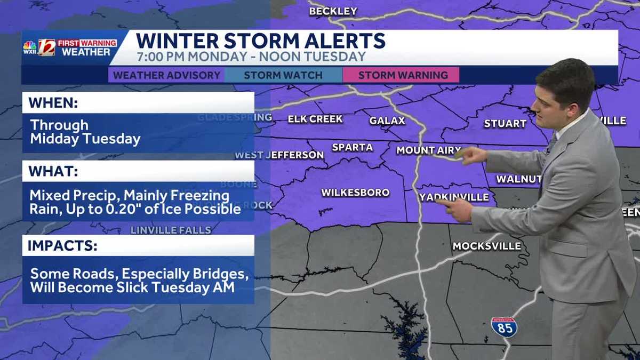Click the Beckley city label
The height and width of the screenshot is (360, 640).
pyautogui.click(x=333, y=11)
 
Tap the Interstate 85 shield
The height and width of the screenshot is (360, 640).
pyautogui.click(x=503, y=326)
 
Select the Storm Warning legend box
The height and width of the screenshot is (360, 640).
pyautogui.click(x=403, y=75)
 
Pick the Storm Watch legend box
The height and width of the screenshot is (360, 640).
pyautogui.click(x=283, y=75)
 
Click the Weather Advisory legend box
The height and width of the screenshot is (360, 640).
pyautogui.click(x=166, y=75)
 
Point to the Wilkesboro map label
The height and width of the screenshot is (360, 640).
pyautogui.click(x=355, y=193)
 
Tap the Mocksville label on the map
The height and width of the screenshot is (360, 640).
pyautogui.click(x=486, y=246)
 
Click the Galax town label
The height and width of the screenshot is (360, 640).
pyautogui.click(x=387, y=121)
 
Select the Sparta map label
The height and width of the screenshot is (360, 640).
pyautogui.click(x=352, y=147)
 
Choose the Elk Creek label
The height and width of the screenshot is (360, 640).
pyautogui.click(x=315, y=119)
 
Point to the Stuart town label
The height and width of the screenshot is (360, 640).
pyautogui.click(x=505, y=124)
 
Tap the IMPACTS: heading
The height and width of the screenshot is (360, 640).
pyautogui.click(x=62, y=246)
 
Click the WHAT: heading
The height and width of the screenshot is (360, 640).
pyautogui.click(x=53, y=172)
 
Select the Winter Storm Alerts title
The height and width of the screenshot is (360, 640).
pyautogui.click(x=260, y=41)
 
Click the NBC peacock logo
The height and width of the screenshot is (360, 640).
pyautogui.click(x=30, y=46)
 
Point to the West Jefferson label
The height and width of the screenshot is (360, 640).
pyautogui.click(x=279, y=155)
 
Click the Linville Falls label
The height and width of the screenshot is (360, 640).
pyautogui.click(x=171, y=230)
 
